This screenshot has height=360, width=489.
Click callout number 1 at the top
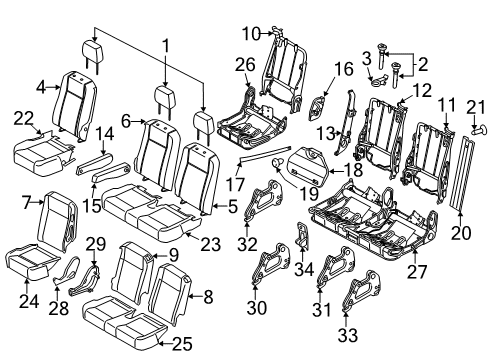[x=167, y=47]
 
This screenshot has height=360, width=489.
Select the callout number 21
[x=476, y=109]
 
